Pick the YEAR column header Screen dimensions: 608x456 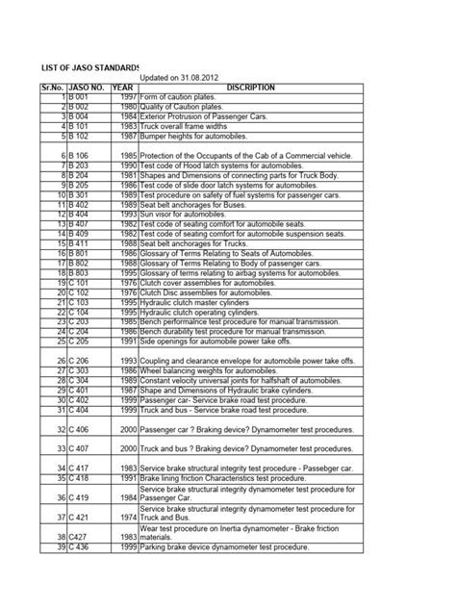point(124,88)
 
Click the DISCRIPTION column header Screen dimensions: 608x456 point(249,88)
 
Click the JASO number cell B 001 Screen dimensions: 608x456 point(80,98)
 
